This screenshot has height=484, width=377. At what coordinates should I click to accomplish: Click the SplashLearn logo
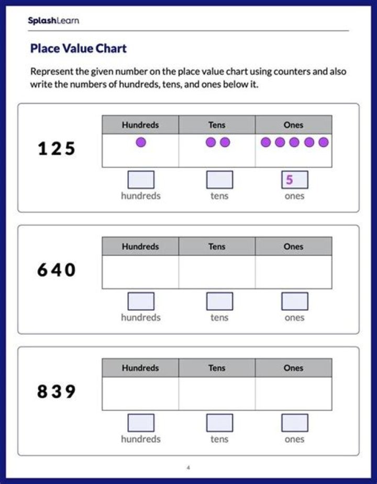point(53,21)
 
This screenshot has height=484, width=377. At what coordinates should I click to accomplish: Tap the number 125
point(57,149)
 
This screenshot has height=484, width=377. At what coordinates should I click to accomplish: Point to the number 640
point(57,271)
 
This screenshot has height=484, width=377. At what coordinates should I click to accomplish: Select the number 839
point(57,392)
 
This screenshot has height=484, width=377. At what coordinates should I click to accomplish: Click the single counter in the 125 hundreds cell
point(141,142)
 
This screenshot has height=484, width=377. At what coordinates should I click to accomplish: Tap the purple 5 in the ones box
point(290,180)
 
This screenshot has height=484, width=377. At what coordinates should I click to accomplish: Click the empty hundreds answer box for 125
point(141,180)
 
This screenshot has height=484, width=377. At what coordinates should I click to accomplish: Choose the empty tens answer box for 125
point(219,180)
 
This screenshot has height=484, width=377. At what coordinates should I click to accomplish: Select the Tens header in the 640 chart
point(217,246)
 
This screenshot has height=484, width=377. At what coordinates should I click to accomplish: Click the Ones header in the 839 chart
point(293,368)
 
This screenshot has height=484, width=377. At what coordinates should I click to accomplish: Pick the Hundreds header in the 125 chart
point(140,125)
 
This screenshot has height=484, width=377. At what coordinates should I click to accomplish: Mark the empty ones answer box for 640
point(295,301)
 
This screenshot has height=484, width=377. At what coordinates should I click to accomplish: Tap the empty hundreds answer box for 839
point(141,423)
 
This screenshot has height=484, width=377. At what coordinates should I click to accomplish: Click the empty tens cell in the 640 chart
point(217,272)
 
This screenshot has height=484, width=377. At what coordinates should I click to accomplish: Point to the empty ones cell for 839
point(293,393)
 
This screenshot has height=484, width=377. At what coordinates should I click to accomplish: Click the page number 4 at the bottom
point(188,468)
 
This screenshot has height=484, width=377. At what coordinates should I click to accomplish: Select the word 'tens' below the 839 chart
point(219,439)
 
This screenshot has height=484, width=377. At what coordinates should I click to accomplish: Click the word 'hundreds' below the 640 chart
point(141,318)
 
